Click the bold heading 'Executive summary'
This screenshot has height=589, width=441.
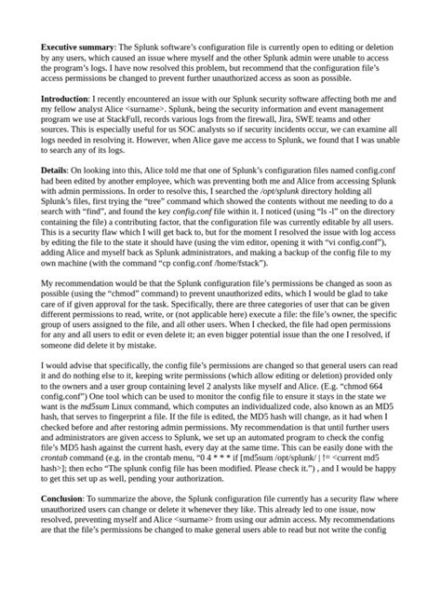(73, 46)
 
